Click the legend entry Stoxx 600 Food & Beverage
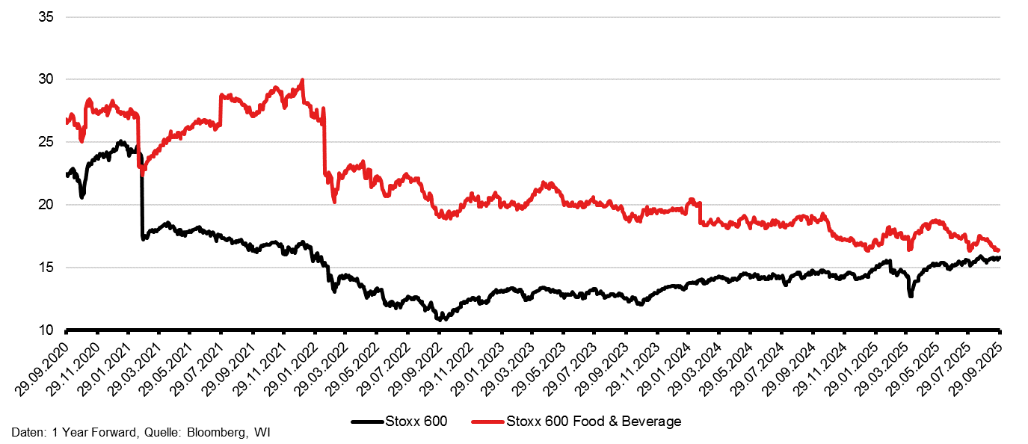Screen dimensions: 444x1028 [x=594, y=422]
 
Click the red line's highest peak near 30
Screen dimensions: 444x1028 [x=301, y=80]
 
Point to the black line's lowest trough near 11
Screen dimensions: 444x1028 [x=440, y=319]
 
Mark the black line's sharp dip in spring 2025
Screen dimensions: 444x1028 [x=911, y=296]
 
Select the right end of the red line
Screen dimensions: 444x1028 [x=999, y=250]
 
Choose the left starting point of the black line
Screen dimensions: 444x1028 [x=67, y=174]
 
